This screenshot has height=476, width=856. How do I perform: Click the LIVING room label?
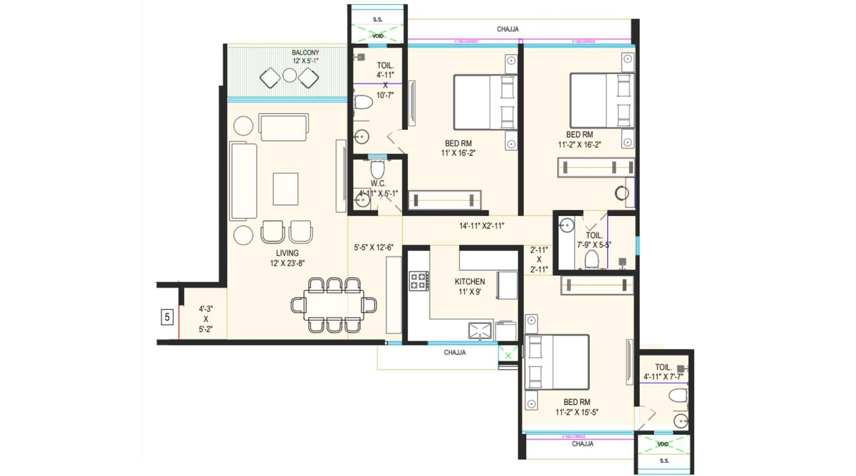pyautogui.click(x=287, y=253)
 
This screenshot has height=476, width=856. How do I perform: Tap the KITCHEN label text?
pyautogui.click(x=470, y=282)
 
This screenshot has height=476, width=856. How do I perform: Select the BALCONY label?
pyautogui.click(x=305, y=52)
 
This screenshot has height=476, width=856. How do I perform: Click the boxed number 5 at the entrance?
pyautogui.click(x=167, y=317)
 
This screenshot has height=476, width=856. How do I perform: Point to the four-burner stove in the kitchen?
pyautogui.click(x=419, y=281)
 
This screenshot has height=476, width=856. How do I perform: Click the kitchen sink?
pyautogui.click(x=480, y=330)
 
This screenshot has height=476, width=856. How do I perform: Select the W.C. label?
pyautogui.click(x=378, y=184)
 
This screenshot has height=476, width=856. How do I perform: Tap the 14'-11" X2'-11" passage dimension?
pyautogui.click(x=481, y=226)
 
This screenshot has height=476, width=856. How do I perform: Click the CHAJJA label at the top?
pyautogui.click(x=507, y=29)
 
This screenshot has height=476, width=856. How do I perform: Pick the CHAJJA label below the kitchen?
pyautogui.click(x=454, y=352)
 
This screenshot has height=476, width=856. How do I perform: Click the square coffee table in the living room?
pyautogui.click(x=285, y=188)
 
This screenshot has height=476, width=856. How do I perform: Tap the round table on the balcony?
pyautogui.click(x=289, y=75)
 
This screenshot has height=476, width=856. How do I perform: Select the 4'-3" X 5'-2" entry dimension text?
pyautogui.click(x=205, y=319)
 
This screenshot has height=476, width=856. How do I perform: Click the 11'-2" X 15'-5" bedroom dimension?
pyautogui.click(x=577, y=412)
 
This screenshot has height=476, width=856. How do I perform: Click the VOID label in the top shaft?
pyautogui.click(x=378, y=36)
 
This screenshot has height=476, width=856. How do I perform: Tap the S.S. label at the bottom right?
pyautogui.click(x=664, y=460)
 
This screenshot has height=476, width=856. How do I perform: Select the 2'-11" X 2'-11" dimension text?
pyautogui.click(x=539, y=260)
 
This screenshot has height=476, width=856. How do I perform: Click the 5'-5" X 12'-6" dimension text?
pyautogui.click(x=373, y=247)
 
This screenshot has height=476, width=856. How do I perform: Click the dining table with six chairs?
pyautogui.click(x=334, y=305)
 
